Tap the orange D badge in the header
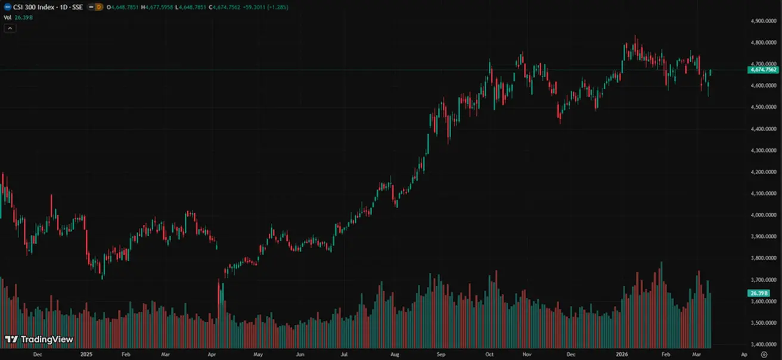click(x=100, y=7)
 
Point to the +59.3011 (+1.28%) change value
click(x=270, y=7)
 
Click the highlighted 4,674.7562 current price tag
click(x=763, y=70)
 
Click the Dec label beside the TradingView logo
click(x=38, y=354)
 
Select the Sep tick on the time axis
click(x=440, y=354)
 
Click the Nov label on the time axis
click(x=526, y=354)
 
